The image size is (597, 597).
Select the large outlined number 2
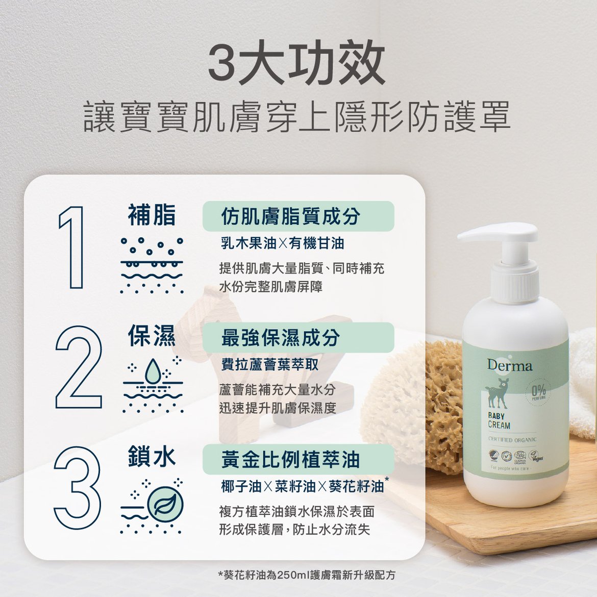78,367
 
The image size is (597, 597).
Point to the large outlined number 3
77,487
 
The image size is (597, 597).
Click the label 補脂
152,215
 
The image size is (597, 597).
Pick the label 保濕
152,336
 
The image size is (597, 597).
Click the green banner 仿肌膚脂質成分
298,216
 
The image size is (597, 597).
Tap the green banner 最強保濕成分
298,337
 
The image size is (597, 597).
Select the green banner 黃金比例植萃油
298,459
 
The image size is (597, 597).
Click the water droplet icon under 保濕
153,370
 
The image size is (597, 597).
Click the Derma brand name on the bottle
509,365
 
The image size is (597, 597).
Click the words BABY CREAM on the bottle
499,421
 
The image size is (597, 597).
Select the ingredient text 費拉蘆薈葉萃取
270,365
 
